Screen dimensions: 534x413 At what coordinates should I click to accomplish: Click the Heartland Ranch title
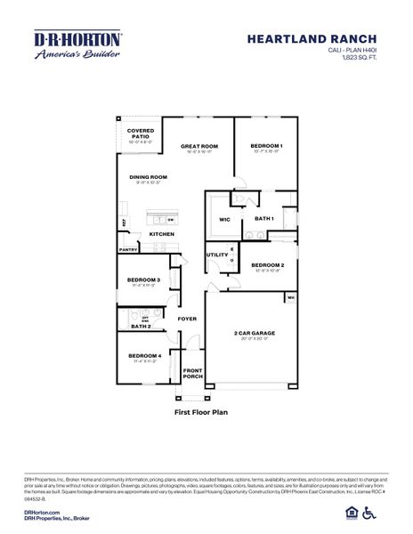point(325,39)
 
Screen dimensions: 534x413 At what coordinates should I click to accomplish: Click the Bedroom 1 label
point(265,145)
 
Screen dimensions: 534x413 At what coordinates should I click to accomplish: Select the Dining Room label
point(148,177)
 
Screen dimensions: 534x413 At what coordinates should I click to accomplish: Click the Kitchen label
point(161,233)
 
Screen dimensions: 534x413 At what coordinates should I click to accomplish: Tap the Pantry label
point(128,250)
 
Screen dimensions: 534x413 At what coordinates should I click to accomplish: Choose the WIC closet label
point(223,219)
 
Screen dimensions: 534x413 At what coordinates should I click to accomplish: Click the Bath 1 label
point(263,218)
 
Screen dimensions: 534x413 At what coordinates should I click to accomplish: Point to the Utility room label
point(217,255)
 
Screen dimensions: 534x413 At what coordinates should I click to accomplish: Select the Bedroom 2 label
point(267,265)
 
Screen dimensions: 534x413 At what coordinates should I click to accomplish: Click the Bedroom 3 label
point(143,280)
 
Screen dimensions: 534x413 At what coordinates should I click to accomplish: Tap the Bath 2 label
point(141,327)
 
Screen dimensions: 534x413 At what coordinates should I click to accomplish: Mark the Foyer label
point(187,318)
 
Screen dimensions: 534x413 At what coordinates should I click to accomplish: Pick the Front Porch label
point(193,372)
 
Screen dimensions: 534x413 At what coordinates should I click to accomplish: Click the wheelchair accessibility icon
point(394,512)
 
